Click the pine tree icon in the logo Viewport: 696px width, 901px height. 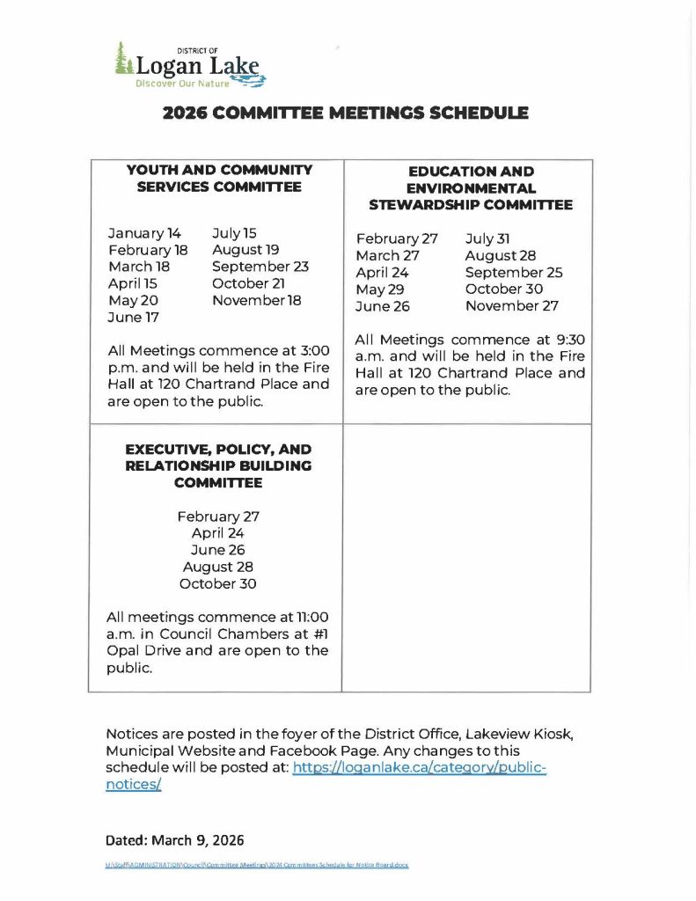click(122, 60)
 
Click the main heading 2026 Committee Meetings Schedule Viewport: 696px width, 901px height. click(346, 113)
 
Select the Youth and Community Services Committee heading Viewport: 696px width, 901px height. click(219, 178)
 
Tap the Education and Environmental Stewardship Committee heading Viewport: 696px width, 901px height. click(471, 188)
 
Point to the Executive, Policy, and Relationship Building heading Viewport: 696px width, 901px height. click(218, 465)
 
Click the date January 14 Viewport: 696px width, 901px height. click(144, 233)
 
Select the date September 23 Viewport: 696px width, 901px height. click(260, 267)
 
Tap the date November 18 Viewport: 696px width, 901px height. click(256, 301)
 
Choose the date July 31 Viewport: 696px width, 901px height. click(487, 239)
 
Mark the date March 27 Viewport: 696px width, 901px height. click(387, 256)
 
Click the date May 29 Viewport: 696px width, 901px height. click(380, 289)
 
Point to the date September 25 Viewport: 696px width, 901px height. click(514, 273)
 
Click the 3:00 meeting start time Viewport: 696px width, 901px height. click(311, 351)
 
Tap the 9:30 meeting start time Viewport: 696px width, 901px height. click(568, 340)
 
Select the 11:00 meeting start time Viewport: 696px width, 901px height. click(311, 617)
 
